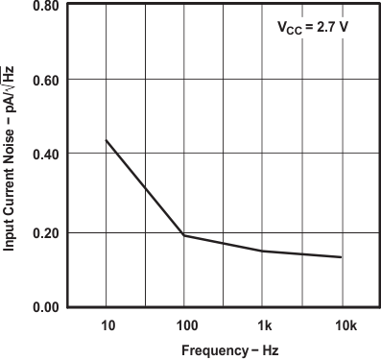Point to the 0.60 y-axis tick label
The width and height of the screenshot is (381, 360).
48,80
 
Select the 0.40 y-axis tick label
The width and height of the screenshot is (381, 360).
48,155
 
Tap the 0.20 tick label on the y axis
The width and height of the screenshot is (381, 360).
48,233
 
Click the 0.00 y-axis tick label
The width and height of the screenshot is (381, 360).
48,307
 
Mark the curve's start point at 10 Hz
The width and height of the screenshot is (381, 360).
106,140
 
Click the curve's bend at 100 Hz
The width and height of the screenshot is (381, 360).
183,235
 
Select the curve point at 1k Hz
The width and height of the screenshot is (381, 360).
262,252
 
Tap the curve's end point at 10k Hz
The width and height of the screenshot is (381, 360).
341,257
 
